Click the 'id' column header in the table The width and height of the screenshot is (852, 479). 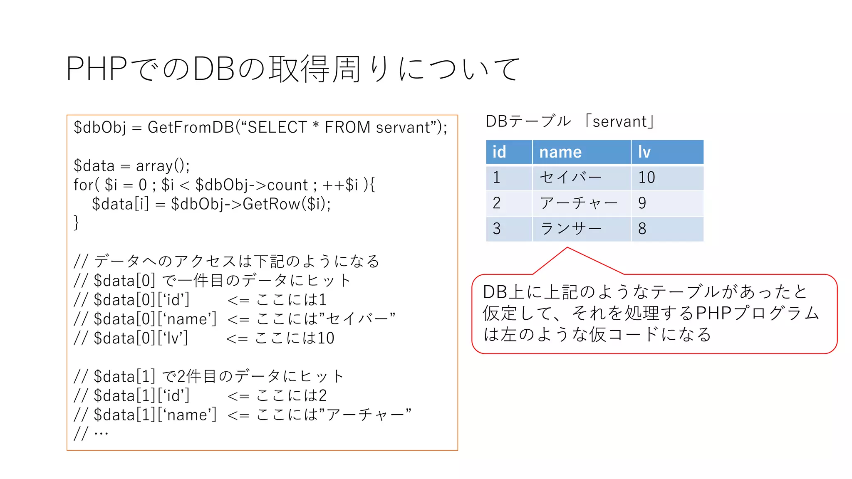click(x=499, y=152)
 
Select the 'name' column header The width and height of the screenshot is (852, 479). click(x=560, y=152)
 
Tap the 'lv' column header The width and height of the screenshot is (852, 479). click(x=644, y=152)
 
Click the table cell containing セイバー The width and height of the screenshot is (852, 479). click(x=570, y=178)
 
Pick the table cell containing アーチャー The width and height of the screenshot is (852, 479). click(x=578, y=203)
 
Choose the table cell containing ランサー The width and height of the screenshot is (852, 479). click(x=571, y=229)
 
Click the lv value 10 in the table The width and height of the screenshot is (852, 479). click(x=646, y=178)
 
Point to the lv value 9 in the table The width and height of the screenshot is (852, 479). click(x=642, y=203)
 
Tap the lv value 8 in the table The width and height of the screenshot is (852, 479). click(x=642, y=229)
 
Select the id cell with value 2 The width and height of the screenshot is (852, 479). click(x=496, y=203)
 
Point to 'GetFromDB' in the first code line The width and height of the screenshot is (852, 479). click(x=191, y=127)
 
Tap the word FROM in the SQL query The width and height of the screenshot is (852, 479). click(x=347, y=127)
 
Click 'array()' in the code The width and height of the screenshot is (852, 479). click(x=162, y=166)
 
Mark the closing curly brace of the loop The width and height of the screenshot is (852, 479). click(x=76, y=222)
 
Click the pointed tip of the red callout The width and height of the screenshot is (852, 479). click(x=567, y=248)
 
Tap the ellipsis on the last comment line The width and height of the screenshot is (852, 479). click(x=101, y=434)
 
